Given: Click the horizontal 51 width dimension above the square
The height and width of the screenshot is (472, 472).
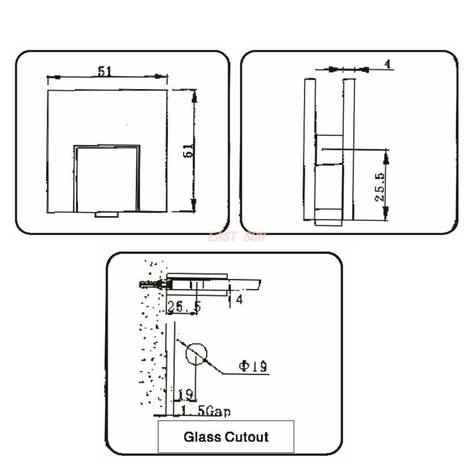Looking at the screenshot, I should pyautogui.click(x=105, y=71).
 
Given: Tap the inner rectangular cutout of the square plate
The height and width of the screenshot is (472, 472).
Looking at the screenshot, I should pyautogui.click(x=106, y=178).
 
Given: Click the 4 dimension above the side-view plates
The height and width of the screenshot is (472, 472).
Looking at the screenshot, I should pyautogui.click(x=388, y=64).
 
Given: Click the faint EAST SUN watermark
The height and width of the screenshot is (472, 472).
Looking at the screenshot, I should pyautogui.click(x=236, y=237).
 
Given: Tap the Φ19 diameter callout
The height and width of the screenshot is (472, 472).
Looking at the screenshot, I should pyautogui.click(x=253, y=366).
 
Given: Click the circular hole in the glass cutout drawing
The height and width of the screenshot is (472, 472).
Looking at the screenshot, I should pyautogui.click(x=196, y=353).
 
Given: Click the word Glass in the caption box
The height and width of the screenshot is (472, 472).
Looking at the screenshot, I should pyautogui.click(x=202, y=437).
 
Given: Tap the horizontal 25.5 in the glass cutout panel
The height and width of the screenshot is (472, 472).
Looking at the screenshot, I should pyautogui.click(x=183, y=307).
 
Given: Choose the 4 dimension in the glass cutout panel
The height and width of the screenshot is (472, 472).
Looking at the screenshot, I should pyautogui.click(x=239, y=300).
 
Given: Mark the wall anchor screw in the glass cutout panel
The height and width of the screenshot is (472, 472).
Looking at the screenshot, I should pyautogui.click(x=152, y=284).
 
